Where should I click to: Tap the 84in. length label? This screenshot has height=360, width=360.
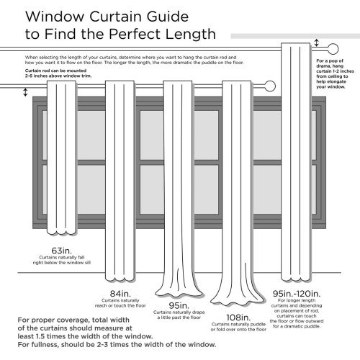click(120, 292)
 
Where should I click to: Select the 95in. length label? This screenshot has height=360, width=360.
click(179, 305)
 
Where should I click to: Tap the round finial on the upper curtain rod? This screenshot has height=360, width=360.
click(333, 47)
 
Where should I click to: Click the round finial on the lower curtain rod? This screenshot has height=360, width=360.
click(270, 86)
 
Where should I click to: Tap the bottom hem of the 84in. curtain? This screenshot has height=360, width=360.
click(120, 277)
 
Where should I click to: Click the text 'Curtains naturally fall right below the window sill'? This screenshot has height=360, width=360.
click(61, 261)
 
